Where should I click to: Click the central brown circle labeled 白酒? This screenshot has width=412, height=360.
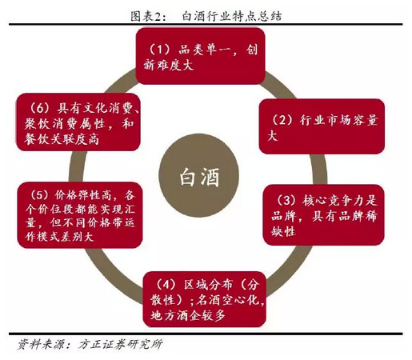198,175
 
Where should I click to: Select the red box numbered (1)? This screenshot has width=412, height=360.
200,56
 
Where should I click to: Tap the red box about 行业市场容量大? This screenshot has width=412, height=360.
322,126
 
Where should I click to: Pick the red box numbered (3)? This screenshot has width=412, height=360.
323,214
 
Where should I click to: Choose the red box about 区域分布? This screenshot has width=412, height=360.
205,299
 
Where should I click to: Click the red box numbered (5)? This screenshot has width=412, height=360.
80,215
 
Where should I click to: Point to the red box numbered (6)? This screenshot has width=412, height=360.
78,122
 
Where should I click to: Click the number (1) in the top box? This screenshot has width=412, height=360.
159,50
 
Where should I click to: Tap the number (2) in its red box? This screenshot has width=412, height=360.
282,120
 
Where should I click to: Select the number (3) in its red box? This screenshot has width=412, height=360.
286,201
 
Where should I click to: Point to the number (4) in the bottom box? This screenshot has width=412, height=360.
166,285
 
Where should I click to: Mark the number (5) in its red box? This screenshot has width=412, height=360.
39,195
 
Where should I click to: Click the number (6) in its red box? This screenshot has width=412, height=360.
39,108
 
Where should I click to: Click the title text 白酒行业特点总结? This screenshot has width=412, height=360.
232,16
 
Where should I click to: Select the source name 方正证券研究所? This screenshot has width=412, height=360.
120,344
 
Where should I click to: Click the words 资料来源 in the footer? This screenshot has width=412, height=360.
41,344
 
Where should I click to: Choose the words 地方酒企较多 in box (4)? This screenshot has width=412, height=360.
188,315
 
